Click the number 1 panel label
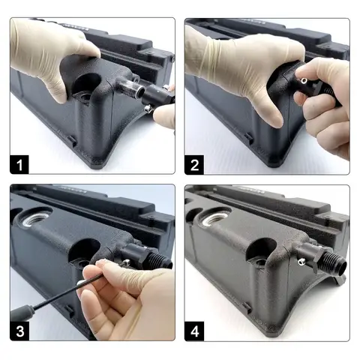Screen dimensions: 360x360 point(19,164)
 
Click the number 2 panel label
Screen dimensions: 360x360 point(194,164)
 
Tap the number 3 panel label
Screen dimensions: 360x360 point(19,331)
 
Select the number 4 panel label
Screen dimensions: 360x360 point(194,331)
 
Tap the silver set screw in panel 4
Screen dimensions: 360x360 point(301,262)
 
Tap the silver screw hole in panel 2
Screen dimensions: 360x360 point(304,80)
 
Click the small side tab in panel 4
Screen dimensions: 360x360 point(247,307)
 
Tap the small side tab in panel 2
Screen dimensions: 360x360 point(248,138)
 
